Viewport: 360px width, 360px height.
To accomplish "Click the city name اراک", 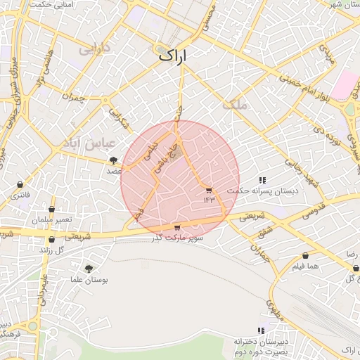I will pos(174,56).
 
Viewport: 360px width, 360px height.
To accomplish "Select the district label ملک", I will pos(235,105).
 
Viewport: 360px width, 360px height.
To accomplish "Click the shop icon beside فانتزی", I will pos(19,185).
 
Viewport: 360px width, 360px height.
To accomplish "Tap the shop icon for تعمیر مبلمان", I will pos(51,209).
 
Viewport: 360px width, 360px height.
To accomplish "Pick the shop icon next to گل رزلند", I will pos(51,240).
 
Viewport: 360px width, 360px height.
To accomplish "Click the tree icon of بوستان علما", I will pos(89,269).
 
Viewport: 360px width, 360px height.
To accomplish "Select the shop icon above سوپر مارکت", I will pos(176,227).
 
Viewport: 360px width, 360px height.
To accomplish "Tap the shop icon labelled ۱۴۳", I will pos(209,191).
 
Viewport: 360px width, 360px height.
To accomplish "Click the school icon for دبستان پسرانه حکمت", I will pos(263,180).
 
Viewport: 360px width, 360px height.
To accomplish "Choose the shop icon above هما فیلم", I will pos(306,256).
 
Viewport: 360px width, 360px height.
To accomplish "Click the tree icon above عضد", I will pos(114,160).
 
